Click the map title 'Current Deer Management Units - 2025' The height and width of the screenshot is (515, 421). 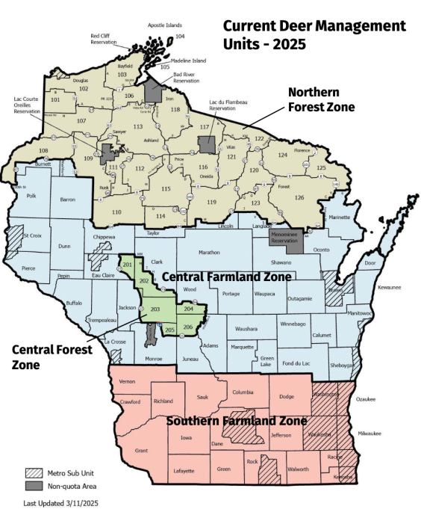coord(314,35)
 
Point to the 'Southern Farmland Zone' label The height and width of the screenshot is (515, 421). coord(236,421)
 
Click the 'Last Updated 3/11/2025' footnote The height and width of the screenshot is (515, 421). coord(60,504)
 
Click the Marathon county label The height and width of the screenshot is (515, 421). coord(210,253)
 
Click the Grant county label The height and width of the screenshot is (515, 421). coord(141,451)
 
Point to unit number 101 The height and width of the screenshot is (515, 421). coord(55,99)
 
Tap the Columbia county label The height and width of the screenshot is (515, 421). coord(243,392)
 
